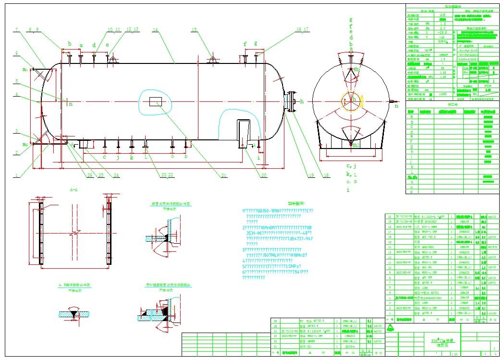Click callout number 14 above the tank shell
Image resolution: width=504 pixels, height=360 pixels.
(155, 30)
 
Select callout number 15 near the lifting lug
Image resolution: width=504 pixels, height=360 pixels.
(194, 30)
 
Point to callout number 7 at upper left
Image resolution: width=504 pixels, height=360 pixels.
(16, 30)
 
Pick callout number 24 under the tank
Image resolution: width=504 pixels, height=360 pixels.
(116, 175)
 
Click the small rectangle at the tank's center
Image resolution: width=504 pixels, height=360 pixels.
(156, 101)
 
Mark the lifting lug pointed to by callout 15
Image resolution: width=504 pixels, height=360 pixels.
(211, 59)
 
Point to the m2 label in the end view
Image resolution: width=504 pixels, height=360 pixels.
(356, 145)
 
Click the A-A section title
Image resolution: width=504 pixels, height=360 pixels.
(74, 190)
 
